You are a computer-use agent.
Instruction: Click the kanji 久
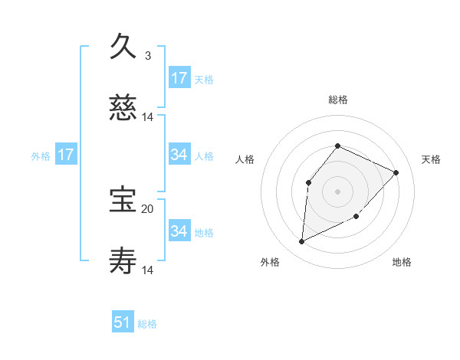[123, 47]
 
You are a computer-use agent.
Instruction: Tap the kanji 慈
[123, 110]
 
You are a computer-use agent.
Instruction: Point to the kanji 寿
[123, 263]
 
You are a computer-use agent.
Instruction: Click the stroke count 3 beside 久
[148, 55]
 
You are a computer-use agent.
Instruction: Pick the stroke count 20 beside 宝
[148, 208]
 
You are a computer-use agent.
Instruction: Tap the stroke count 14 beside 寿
[148, 270]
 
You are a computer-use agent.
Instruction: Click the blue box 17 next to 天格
[179, 78]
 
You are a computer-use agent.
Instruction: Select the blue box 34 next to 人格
[179, 155]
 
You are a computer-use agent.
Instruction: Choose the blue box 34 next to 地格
[179, 231]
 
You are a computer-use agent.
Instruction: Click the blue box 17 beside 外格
[66, 155]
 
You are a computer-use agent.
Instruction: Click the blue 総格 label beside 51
[147, 324]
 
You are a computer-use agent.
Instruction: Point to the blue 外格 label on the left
[41, 156]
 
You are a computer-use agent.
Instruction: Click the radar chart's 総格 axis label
[337, 100]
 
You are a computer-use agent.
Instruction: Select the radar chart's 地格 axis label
[402, 262]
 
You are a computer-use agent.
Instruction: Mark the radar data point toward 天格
[396, 172]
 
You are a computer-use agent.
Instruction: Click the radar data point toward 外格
[301, 242]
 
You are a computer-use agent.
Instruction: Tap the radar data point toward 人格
[308, 182]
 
